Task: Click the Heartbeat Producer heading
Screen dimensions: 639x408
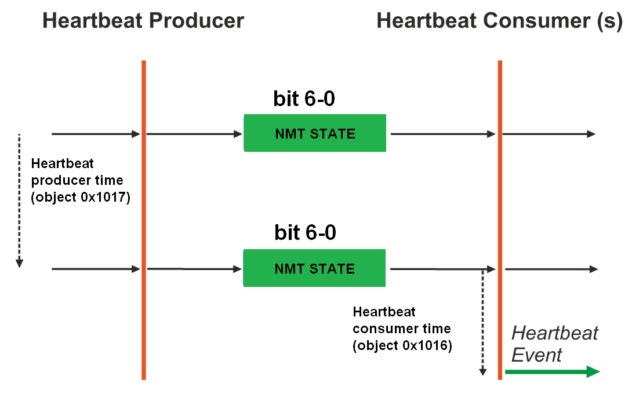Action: (143, 21)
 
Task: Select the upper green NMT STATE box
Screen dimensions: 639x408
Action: (315, 133)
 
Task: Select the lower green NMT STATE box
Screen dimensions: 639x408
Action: (315, 268)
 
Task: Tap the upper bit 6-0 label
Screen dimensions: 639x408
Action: (304, 99)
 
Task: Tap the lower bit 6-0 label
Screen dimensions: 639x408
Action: (305, 232)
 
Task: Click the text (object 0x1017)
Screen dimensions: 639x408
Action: (81, 198)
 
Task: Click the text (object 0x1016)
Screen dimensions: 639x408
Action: (402, 346)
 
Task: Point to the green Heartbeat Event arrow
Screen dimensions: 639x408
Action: (552, 371)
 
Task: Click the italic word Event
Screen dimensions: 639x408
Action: (536, 355)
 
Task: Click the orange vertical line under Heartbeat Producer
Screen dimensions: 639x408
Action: (144, 220)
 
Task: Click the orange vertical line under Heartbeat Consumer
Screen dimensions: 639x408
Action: (500, 220)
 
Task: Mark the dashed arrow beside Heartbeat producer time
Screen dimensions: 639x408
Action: (19, 201)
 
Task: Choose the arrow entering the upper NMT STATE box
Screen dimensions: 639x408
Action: (194, 134)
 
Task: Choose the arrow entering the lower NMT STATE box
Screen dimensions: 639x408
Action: (194, 269)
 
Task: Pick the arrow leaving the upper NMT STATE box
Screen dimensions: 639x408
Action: (443, 134)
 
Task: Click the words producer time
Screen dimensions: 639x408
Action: (77, 180)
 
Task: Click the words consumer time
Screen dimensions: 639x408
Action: (402, 329)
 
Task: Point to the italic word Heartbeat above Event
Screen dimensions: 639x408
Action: (555, 333)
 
